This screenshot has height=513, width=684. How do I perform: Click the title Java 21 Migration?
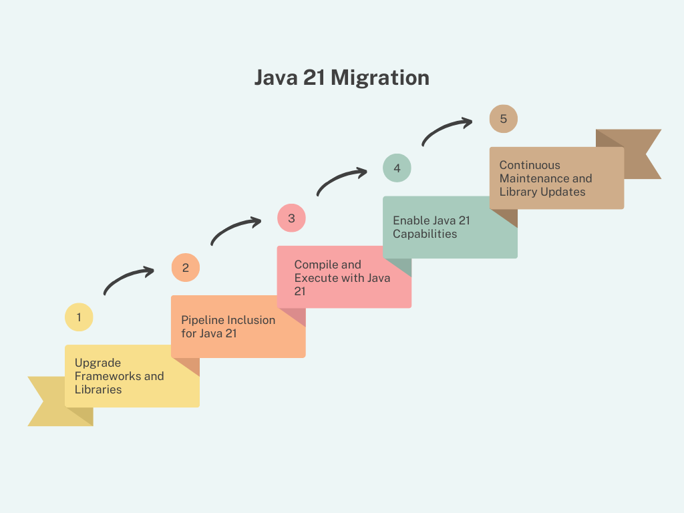(x=341, y=77)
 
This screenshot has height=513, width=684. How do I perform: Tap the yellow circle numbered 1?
(x=79, y=317)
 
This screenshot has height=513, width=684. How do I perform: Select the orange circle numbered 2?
(x=186, y=268)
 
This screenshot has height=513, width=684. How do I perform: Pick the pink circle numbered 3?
(x=291, y=218)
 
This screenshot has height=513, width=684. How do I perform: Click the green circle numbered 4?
(x=397, y=168)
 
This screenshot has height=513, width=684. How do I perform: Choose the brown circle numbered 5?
(x=503, y=119)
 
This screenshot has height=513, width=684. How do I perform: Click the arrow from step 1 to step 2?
(x=128, y=280)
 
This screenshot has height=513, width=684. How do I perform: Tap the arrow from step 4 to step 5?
(x=446, y=131)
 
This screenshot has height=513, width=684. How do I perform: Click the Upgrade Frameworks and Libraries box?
(x=132, y=376)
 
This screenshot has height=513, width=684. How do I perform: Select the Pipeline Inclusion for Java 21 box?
(x=238, y=327)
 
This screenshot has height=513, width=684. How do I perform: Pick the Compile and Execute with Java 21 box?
(x=344, y=277)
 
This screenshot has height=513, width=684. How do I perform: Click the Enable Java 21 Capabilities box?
(x=450, y=227)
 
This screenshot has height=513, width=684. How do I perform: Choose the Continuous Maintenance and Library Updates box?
(x=556, y=178)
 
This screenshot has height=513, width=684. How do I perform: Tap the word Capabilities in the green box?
(x=425, y=234)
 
